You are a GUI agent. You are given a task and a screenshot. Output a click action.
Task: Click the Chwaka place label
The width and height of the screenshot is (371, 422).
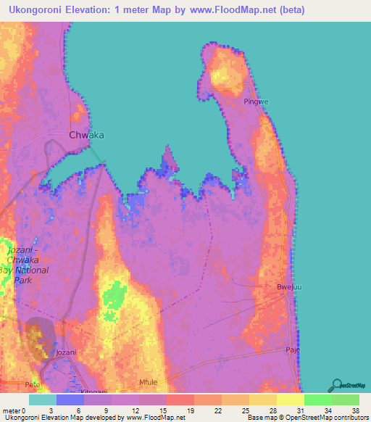coord(86,135)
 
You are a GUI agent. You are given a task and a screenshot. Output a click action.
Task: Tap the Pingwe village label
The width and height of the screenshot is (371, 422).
coord(256,102)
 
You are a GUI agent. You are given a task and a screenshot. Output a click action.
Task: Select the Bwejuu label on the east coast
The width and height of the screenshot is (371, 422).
coord(288,288)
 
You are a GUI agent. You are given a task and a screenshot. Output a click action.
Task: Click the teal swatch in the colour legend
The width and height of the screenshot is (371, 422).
coord(43,400)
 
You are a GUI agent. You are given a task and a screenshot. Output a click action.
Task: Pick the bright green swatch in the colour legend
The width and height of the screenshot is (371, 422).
coord(318,400)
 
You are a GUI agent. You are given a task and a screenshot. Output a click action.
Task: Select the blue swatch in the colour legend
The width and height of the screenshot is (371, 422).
coord(70,400)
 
